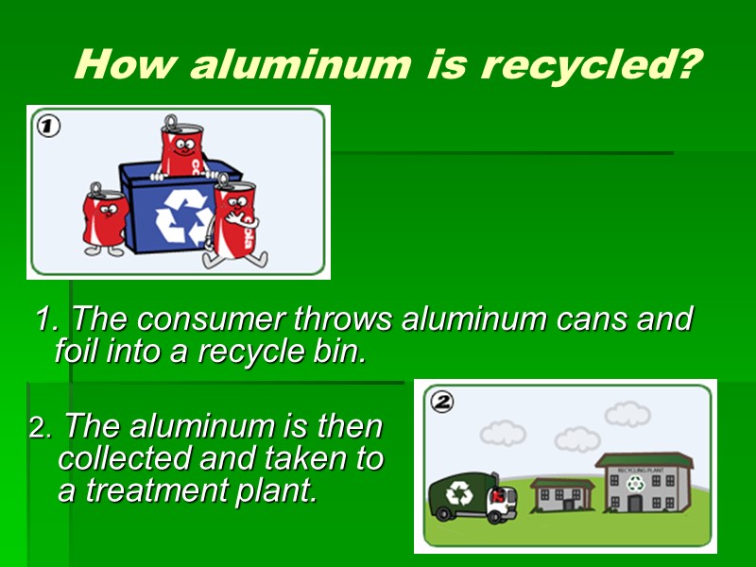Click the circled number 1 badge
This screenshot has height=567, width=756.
click(x=47, y=126)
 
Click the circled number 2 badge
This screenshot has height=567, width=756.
click(x=442, y=402)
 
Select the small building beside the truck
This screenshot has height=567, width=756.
click(x=562, y=495)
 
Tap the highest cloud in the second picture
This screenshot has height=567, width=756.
click(x=627, y=414)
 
